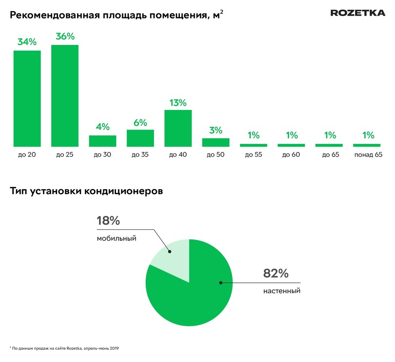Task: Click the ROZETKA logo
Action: click(358, 13)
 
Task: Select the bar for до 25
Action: click(65, 95)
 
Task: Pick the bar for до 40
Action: click(178, 128)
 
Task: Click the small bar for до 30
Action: click(102, 141)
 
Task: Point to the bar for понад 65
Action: click(367, 145)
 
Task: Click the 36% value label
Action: click(65, 36)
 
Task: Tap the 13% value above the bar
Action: click(178, 102)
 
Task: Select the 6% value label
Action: click(140, 123)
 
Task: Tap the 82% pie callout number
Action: click(276, 273)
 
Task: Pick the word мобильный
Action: click(116, 238)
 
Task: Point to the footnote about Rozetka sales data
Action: click(64, 348)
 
